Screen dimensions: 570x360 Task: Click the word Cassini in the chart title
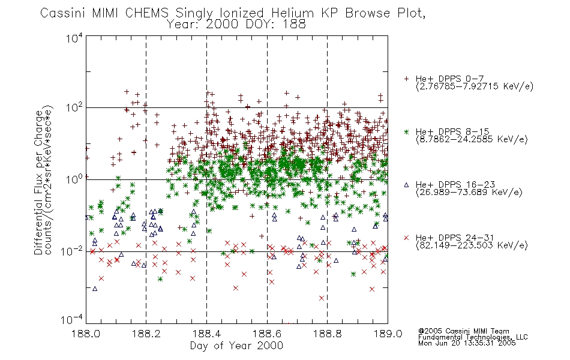tap(63, 13)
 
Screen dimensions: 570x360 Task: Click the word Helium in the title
tap(292, 13)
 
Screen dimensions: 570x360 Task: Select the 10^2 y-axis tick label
tap(74, 108)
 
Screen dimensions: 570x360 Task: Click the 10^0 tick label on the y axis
tap(74, 179)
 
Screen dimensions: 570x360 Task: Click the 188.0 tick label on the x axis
tap(86, 334)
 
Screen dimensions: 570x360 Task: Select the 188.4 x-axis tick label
tap(206, 334)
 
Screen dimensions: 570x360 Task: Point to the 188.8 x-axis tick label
tap(327, 334)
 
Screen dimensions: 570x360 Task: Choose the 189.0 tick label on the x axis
tap(388, 334)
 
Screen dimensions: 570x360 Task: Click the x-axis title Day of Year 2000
tap(236, 346)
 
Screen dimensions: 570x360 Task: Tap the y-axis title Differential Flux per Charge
tap(38, 182)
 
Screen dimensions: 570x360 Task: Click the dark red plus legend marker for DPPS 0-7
tap(406, 79)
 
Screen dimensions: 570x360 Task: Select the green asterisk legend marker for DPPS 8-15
tap(406, 131)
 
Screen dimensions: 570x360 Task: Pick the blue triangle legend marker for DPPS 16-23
tap(406, 185)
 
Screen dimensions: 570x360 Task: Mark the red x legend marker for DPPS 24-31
tap(406, 238)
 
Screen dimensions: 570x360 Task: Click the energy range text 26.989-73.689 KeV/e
tap(469, 193)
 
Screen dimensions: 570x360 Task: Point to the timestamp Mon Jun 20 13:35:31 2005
tap(467, 343)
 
